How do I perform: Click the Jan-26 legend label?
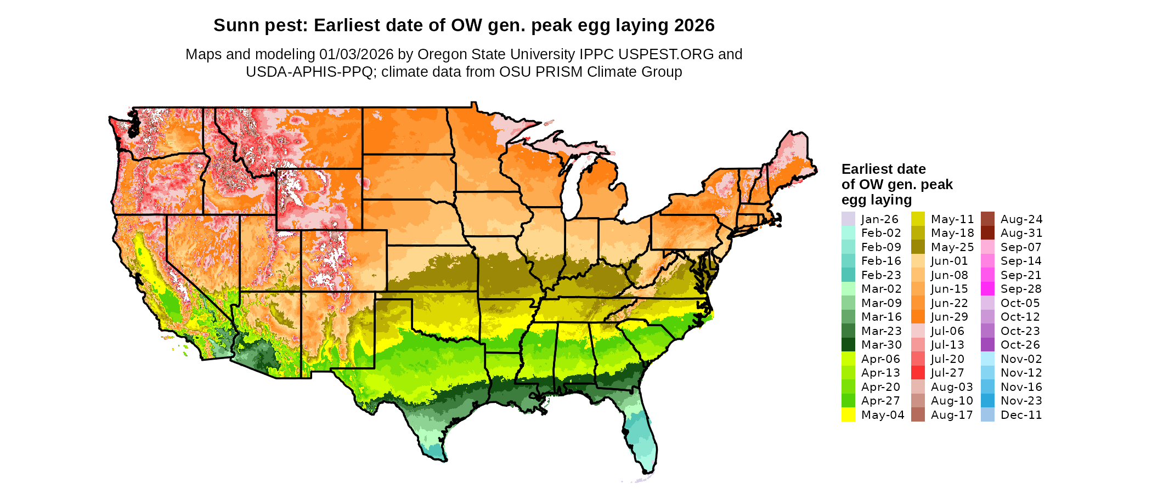coord(880,219)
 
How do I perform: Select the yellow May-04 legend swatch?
coord(848,415)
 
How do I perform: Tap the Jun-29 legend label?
coord(950,317)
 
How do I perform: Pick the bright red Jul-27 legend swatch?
coord(918,373)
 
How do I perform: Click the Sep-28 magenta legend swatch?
coord(987,289)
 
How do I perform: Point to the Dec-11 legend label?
coord(1021,415)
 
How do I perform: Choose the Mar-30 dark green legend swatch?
coord(848,345)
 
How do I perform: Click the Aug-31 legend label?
coord(1021,233)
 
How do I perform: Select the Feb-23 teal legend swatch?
coord(848,275)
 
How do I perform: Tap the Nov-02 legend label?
coord(1021,359)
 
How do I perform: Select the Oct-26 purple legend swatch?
coord(987,345)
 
